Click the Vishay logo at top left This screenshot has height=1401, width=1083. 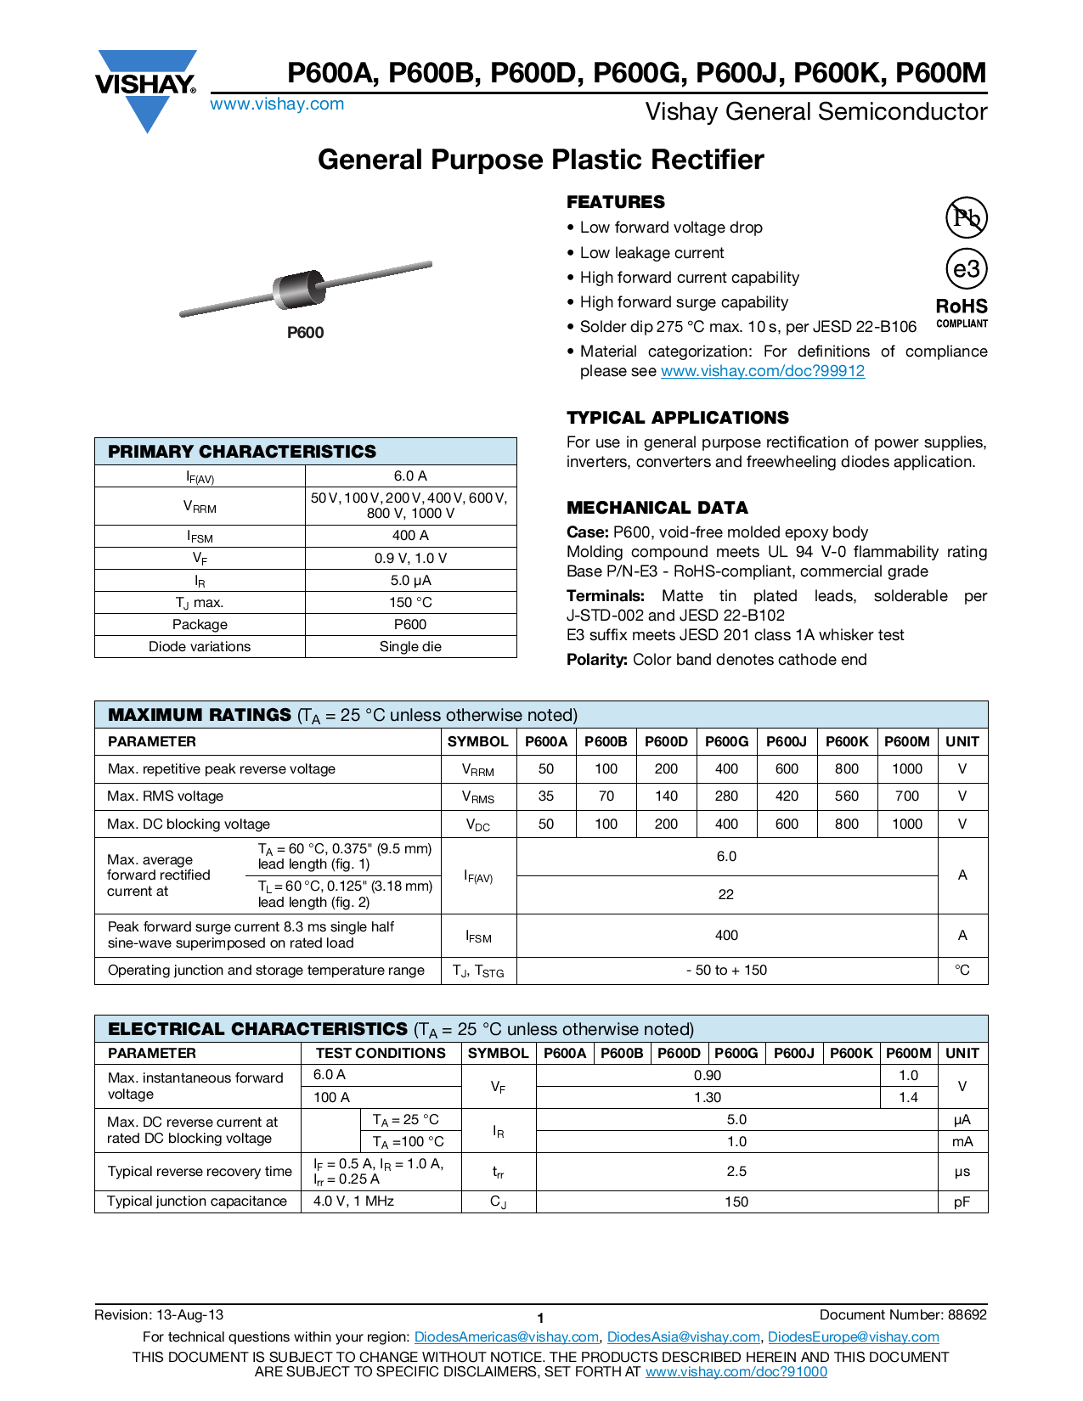tap(146, 86)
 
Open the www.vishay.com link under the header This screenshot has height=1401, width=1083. tap(277, 104)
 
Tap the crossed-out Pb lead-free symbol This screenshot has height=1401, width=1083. tap(966, 218)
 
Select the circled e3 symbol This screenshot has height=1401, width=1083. tap(966, 269)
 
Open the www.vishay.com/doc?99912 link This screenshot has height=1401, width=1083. tap(762, 371)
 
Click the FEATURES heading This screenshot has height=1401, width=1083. tap(616, 202)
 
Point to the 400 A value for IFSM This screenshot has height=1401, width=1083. tap(410, 536)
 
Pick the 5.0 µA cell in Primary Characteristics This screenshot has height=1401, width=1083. tap(410, 581)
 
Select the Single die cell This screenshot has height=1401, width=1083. tap(410, 647)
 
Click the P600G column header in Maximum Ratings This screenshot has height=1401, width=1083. tap(726, 741)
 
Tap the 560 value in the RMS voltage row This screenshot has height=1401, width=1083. tap(846, 796)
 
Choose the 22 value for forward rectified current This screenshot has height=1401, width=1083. tap(726, 895)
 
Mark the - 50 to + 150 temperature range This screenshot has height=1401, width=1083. tap(726, 971)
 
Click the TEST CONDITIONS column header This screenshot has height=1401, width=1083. tap(381, 1054)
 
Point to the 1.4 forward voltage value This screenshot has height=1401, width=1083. tap(908, 1098)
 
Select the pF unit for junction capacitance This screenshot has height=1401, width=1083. tap(962, 1202)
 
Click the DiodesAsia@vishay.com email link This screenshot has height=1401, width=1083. tap(683, 1337)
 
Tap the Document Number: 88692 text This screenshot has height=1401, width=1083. tap(903, 1315)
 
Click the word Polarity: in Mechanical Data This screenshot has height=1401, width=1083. tap(597, 660)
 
